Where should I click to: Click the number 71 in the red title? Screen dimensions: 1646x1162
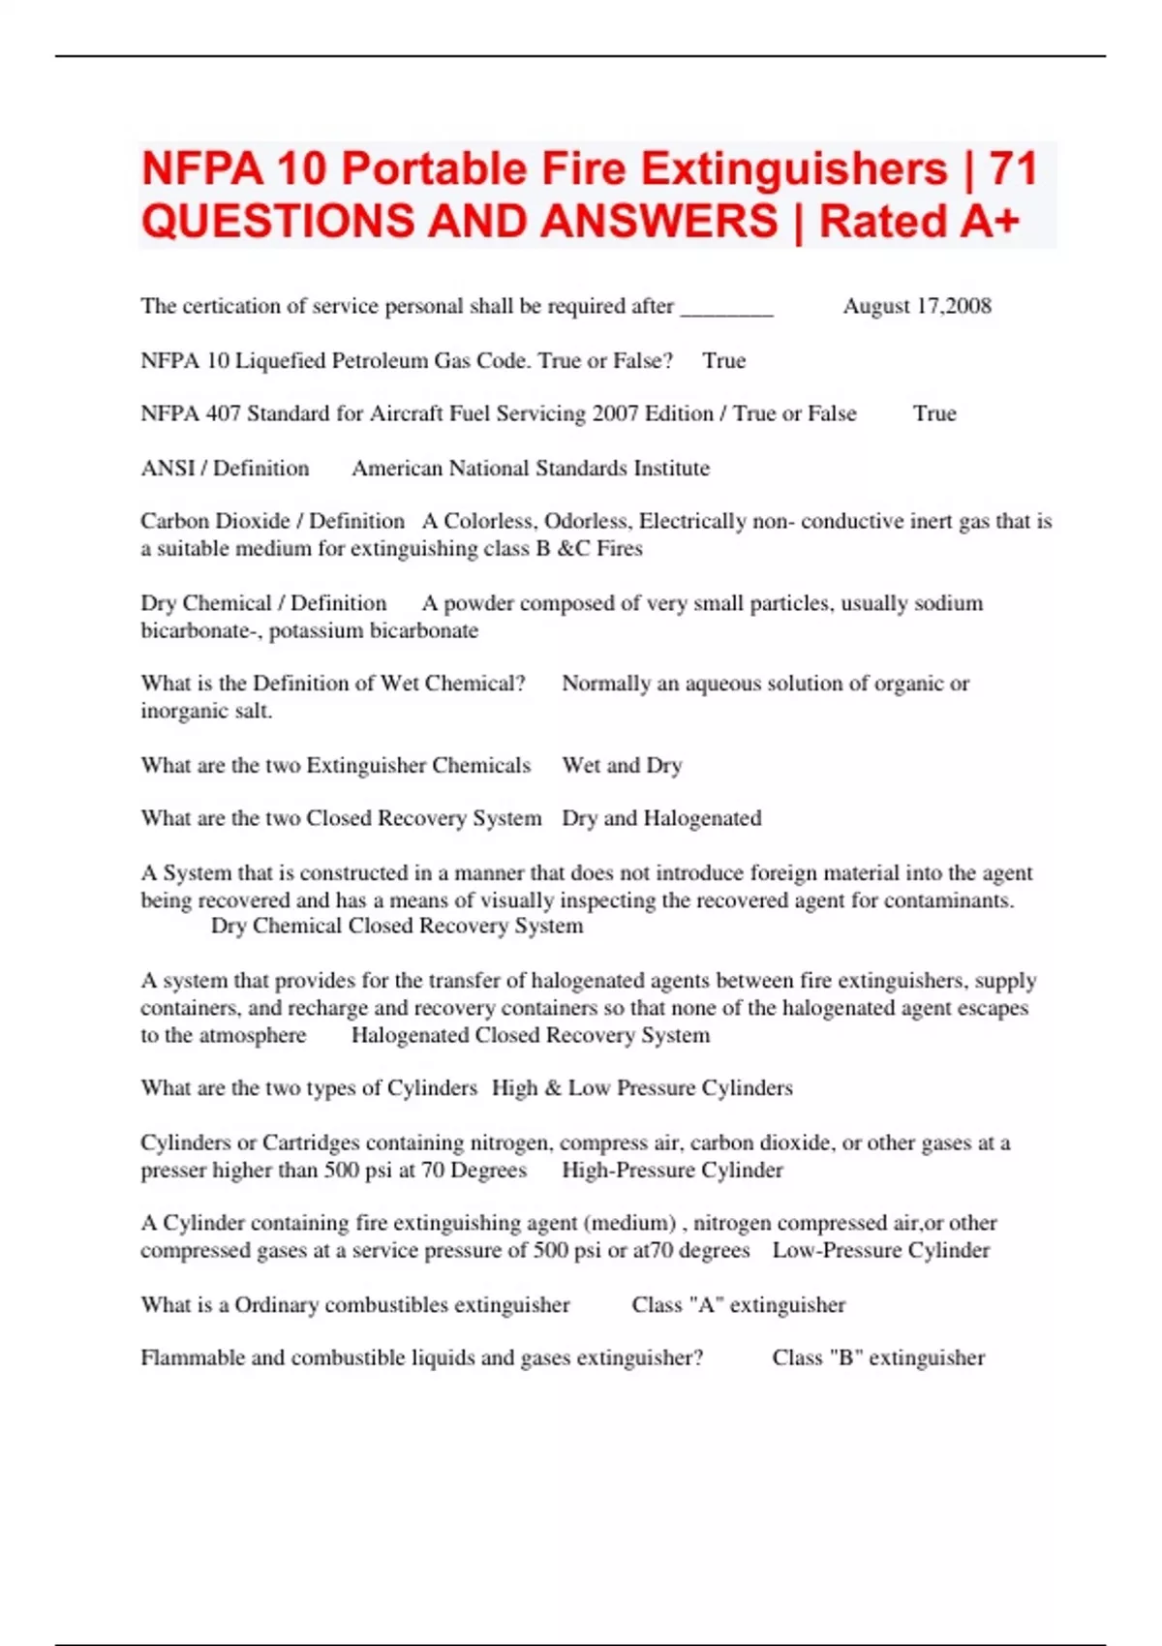tap(1013, 169)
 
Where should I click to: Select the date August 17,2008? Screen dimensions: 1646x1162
tap(916, 306)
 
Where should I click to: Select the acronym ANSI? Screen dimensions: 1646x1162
tap(168, 469)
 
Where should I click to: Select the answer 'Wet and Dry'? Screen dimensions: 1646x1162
tap(622, 766)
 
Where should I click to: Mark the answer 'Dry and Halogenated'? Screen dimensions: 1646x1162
tap(661, 819)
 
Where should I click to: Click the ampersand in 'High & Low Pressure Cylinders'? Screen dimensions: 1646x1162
tap(553, 1088)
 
